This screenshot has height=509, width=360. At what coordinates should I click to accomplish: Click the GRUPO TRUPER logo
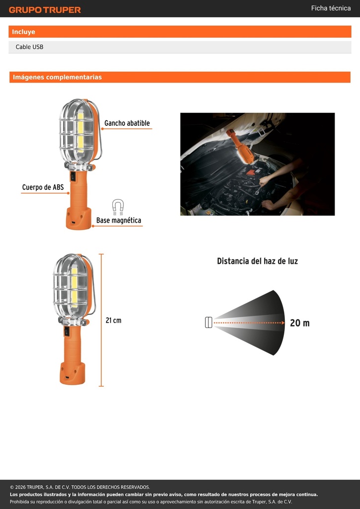(x=45, y=10)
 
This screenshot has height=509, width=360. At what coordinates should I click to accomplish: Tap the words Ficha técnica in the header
(x=331, y=8)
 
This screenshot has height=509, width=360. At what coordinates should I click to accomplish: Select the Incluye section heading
(x=23, y=32)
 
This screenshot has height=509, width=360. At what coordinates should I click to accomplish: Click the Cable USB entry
(x=29, y=47)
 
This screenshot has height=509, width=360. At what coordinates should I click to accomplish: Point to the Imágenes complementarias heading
(x=57, y=77)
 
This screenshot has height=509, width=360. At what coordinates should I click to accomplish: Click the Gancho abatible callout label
(x=127, y=123)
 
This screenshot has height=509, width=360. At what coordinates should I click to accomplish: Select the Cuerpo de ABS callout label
(x=43, y=187)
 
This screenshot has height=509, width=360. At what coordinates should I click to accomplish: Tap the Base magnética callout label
(x=119, y=220)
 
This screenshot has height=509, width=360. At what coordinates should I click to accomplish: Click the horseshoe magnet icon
(x=118, y=207)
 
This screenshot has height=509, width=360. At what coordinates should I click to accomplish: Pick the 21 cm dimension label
(x=113, y=321)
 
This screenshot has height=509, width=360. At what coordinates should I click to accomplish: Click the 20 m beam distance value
(x=300, y=323)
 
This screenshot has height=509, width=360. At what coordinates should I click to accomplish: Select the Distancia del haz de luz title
(x=258, y=261)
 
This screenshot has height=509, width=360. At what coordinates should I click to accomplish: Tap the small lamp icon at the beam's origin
(x=209, y=322)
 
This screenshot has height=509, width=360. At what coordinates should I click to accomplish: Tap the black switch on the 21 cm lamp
(x=67, y=331)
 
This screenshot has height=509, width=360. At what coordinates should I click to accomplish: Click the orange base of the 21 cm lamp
(x=72, y=373)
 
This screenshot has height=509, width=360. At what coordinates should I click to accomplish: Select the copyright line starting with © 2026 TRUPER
(x=80, y=487)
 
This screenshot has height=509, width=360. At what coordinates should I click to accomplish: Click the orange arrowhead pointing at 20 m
(x=283, y=323)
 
